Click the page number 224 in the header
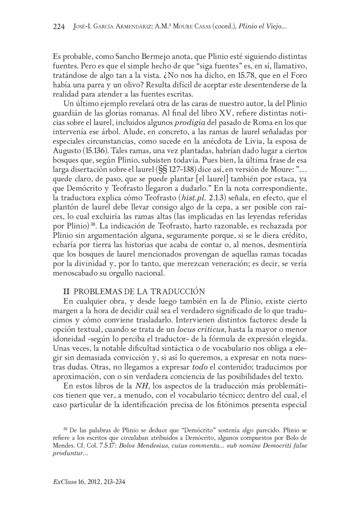59,27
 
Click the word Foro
297,76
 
